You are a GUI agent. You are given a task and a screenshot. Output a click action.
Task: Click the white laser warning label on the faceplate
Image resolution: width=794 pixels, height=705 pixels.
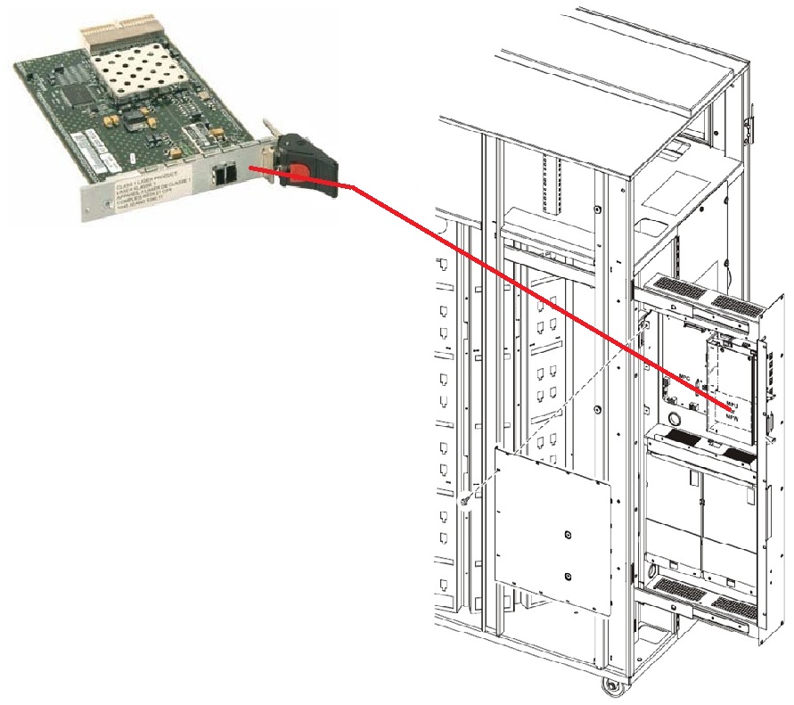tap(143, 192)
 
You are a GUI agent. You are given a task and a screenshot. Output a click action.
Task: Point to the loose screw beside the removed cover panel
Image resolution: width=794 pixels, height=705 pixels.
tap(465, 503)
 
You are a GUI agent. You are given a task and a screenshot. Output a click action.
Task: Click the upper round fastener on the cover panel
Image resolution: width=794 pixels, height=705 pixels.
tap(568, 536)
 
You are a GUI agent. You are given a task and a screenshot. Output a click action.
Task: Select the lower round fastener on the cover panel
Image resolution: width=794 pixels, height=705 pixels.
tap(568, 575)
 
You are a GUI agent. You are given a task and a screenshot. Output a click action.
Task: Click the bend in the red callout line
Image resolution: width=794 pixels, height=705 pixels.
tap(354, 187)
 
